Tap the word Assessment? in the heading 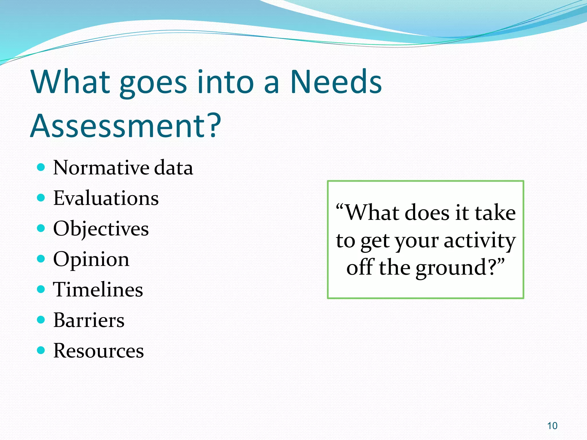126,125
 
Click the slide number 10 552,426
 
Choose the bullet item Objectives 101,229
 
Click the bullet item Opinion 91,259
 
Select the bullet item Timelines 98,289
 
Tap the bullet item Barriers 89,320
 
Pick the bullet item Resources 98,350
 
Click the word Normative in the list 101,168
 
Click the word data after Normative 174,168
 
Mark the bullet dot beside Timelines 41,289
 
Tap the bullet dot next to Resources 41,350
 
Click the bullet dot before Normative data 41,167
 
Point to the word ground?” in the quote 460,268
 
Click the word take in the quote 495,213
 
